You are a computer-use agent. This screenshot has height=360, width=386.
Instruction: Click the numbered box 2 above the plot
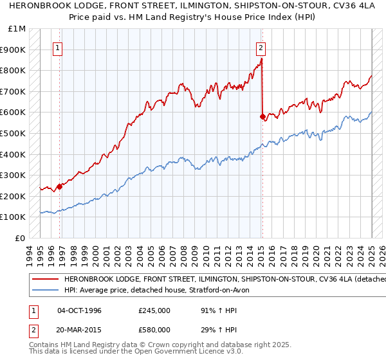(x=261, y=47)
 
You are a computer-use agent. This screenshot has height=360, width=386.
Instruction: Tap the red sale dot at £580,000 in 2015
(x=262, y=117)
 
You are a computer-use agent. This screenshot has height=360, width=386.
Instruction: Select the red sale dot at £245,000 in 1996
(x=59, y=187)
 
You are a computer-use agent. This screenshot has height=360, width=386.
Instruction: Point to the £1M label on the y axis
(x=17, y=29)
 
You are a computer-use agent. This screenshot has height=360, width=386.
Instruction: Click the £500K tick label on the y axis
(x=14, y=134)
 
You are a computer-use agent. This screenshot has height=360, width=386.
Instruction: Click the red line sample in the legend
(x=45, y=280)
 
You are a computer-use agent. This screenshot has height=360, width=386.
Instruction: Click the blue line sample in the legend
(x=45, y=291)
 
